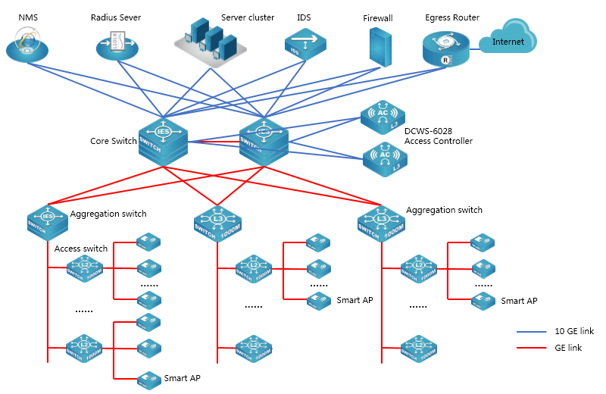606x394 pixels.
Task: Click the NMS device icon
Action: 27,45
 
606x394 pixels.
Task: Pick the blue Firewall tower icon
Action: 380,46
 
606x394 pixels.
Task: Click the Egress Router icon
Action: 446,48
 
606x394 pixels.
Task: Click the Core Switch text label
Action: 114,141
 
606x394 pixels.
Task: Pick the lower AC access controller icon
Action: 385,158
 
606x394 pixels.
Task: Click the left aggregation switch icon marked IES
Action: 48,220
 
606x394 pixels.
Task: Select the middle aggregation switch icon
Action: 217,221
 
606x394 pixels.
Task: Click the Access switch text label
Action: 81,249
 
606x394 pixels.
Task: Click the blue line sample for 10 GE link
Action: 531,332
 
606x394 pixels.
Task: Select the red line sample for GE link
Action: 531,348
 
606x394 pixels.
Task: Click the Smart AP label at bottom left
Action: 183,377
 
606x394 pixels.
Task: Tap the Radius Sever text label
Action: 115,17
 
